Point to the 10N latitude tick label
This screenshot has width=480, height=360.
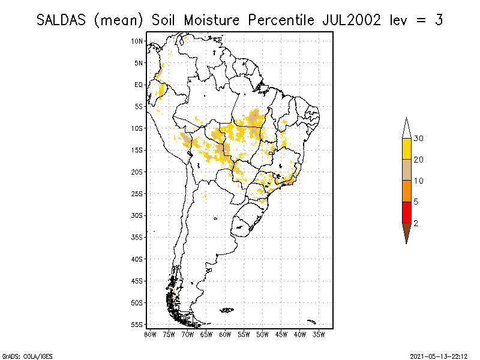point(137,41)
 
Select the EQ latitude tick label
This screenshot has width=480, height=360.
point(139,85)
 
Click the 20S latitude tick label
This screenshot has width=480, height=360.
point(137,172)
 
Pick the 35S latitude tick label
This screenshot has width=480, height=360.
point(137,237)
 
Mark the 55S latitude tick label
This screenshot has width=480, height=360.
point(137,324)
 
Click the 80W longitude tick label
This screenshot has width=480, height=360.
point(150,334)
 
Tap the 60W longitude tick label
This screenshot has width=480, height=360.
point(225,334)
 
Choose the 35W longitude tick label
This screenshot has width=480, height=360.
point(319,334)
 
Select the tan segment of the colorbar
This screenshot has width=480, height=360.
point(406,170)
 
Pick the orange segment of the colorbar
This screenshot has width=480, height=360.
point(406,191)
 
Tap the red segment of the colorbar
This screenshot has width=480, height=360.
point(406,212)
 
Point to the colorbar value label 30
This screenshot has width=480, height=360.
point(419,139)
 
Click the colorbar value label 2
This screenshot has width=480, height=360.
point(416,223)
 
